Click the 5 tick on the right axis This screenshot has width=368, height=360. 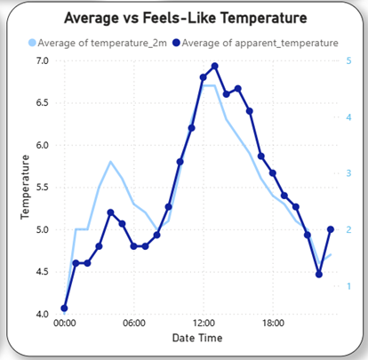click(x=348, y=61)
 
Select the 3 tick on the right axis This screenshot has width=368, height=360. click(x=348, y=173)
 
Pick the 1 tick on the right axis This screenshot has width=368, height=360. click(x=348, y=286)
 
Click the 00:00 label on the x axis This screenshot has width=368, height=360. click(x=64, y=324)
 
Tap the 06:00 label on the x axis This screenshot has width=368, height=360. click(x=133, y=324)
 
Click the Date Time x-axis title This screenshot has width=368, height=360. click(x=196, y=339)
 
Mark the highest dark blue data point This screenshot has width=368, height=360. click(x=215, y=67)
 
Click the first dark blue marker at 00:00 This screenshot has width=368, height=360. click(x=64, y=308)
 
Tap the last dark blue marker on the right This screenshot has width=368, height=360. click(x=331, y=229)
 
